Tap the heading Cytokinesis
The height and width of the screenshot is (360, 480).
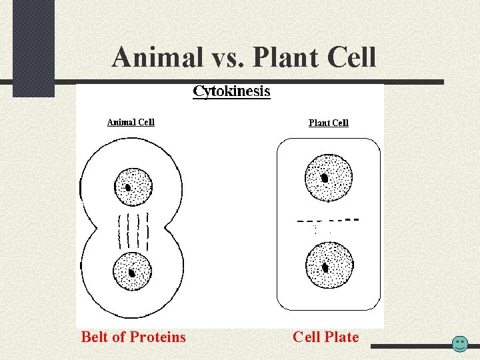click(x=231, y=91)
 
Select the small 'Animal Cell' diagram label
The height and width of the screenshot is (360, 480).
click(x=131, y=122)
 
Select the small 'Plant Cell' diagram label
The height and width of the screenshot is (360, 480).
click(x=328, y=123)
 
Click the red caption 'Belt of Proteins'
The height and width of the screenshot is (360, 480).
click(x=133, y=337)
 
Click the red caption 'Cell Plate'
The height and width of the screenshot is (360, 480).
click(x=325, y=337)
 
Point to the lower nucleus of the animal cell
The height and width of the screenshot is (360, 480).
click(x=132, y=271)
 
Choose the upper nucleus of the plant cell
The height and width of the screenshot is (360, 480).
click(x=327, y=177)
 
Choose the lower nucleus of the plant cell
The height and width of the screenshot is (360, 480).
click(x=329, y=265)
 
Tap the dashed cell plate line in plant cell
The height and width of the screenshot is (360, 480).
click(x=327, y=220)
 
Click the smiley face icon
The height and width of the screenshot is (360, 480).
click(x=459, y=344)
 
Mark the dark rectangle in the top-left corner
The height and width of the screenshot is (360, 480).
click(x=33, y=47)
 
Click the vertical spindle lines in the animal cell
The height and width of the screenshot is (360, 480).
click(x=133, y=231)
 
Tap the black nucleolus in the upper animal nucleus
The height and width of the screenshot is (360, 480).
click(x=128, y=187)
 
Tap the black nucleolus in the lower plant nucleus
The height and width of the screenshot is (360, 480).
click(x=325, y=267)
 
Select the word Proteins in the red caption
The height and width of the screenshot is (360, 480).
click(x=159, y=337)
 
